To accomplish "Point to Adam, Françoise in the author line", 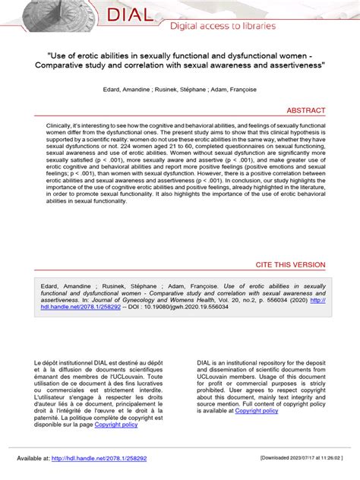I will coord(217,89).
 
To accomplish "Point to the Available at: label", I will coord(33,459).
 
